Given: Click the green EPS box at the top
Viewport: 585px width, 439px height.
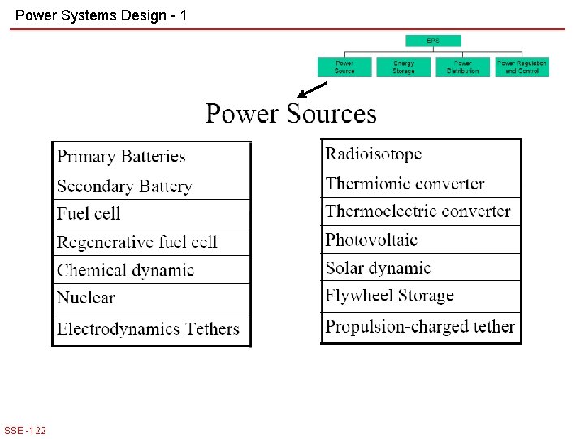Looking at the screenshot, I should point(433,41).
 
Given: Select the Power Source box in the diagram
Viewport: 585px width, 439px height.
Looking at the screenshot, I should point(344,67).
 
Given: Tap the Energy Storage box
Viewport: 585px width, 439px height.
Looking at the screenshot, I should point(404,67).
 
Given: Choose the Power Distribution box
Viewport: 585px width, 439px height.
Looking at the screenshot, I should point(463,67).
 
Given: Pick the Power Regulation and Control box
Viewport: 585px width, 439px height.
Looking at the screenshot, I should point(522,67).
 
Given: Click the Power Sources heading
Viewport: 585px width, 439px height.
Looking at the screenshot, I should point(291,114).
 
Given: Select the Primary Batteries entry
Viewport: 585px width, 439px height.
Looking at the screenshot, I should point(122,157).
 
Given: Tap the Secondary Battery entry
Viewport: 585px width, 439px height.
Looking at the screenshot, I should point(124,186).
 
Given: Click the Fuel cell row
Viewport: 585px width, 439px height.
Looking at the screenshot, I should point(89,214).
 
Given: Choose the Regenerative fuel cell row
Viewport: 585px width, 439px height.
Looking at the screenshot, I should point(137,242).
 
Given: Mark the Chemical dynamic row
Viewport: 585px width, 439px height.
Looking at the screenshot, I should point(126,270).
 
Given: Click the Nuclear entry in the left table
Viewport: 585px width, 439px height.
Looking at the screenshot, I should point(86,298).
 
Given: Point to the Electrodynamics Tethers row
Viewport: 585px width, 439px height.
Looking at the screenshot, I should point(149,329).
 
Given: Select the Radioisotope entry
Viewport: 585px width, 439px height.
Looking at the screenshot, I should point(374,154).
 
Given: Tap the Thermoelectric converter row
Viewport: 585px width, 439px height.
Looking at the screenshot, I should point(418,211).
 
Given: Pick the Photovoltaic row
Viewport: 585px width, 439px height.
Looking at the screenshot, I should point(371,240).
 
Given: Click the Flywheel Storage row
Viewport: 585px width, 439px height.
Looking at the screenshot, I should point(389,296).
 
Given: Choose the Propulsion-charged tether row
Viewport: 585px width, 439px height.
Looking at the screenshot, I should point(420,327).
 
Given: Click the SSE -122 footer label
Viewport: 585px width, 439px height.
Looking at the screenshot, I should point(25,430).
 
